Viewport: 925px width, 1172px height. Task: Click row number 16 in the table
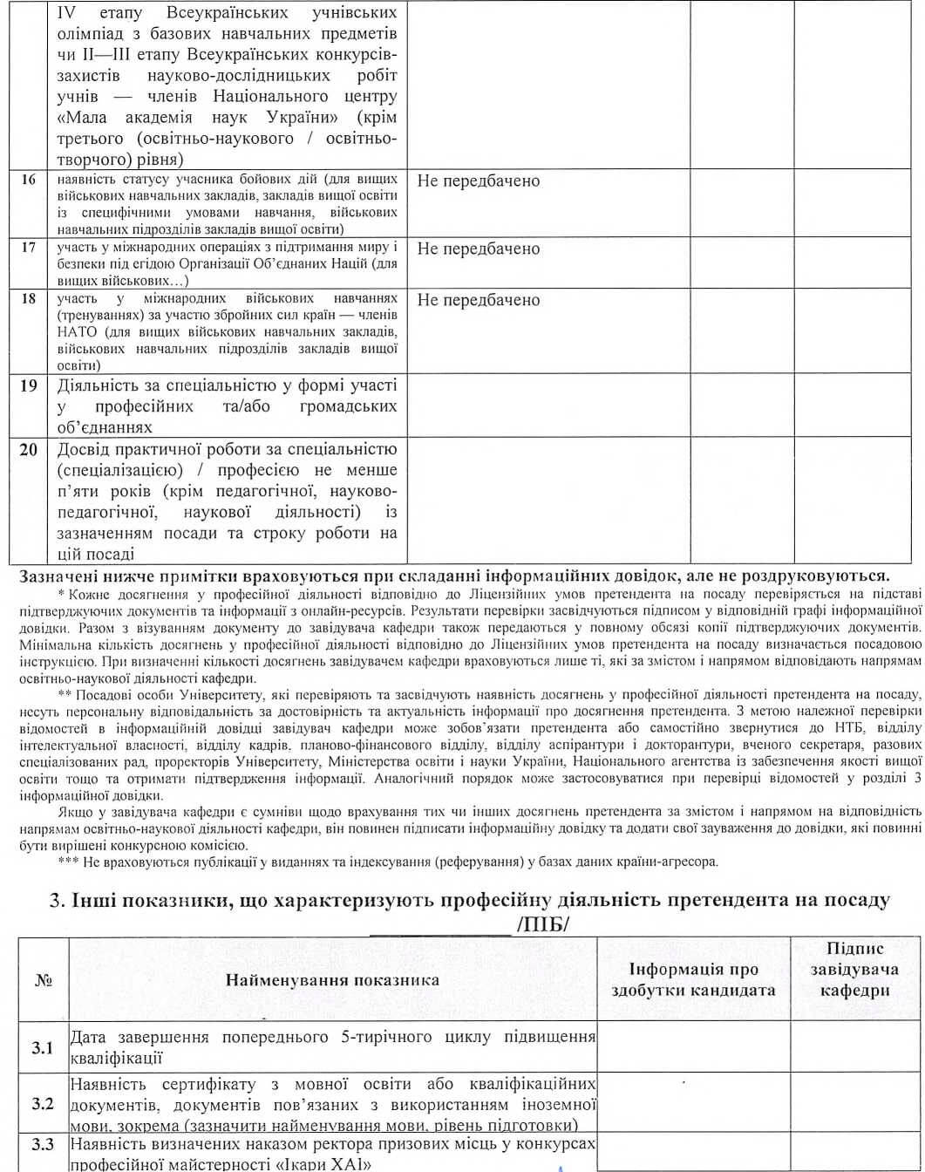pyautogui.click(x=29, y=181)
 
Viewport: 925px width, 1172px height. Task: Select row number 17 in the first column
pyautogui.click(x=29, y=247)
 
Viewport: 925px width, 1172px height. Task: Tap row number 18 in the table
pyautogui.click(x=29, y=299)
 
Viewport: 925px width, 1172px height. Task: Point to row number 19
pyautogui.click(x=29, y=385)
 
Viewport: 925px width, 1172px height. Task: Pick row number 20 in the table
pyautogui.click(x=29, y=450)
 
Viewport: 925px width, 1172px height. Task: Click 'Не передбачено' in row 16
pyautogui.click(x=479, y=181)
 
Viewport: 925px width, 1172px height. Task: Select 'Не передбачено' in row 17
pyautogui.click(x=479, y=249)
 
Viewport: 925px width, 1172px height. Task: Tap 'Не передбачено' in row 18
pyautogui.click(x=479, y=300)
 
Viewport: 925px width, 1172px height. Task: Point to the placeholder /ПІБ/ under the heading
pyautogui.click(x=542, y=923)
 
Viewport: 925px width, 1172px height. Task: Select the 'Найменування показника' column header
pyautogui.click(x=332, y=980)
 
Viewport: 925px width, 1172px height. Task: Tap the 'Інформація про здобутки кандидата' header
pyautogui.click(x=693, y=980)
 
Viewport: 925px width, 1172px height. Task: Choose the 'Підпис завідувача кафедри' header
pyautogui.click(x=855, y=970)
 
